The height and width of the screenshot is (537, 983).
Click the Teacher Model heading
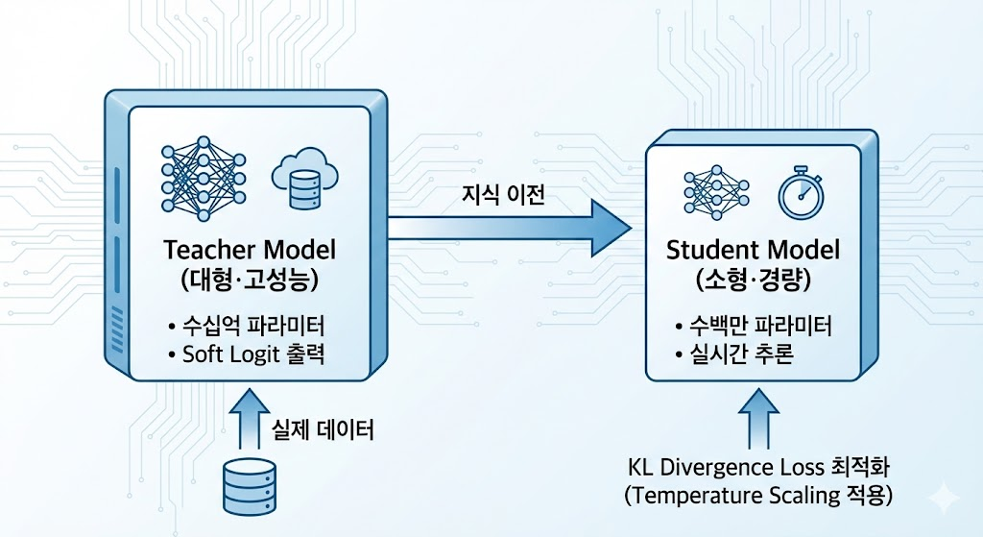pos(250,251)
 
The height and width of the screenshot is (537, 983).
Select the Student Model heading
pos(753,251)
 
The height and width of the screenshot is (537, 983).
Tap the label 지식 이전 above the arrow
pos(496,197)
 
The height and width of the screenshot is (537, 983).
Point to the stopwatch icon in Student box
pos(800,190)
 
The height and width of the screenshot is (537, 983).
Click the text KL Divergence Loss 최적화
pos(759,469)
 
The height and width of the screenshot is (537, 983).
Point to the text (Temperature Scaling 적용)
pos(758,497)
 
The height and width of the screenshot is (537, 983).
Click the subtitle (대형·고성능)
pos(250,281)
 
